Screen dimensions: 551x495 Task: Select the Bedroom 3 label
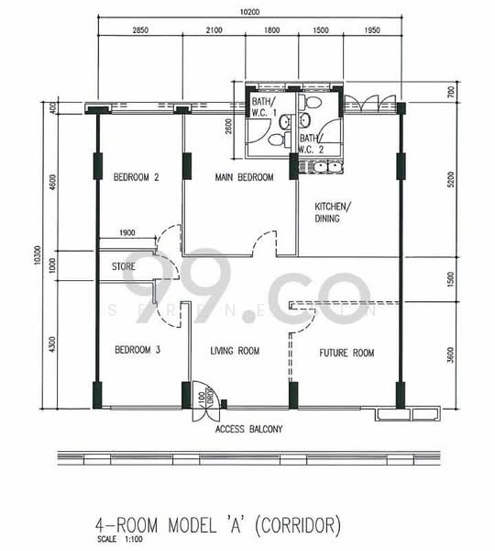click(137, 350)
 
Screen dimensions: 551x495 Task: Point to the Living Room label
click(235, 351)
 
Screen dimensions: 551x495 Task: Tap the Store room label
click(125, 267)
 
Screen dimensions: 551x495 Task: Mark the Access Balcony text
click(249, 429)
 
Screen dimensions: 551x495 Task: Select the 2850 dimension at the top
click(139, 31)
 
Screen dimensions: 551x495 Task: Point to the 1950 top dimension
click(372, 31)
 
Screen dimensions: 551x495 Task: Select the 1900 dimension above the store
click(126, 232)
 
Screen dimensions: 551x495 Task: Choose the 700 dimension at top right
click(450, 91)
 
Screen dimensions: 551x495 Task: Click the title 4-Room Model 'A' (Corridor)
click(217, 526)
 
